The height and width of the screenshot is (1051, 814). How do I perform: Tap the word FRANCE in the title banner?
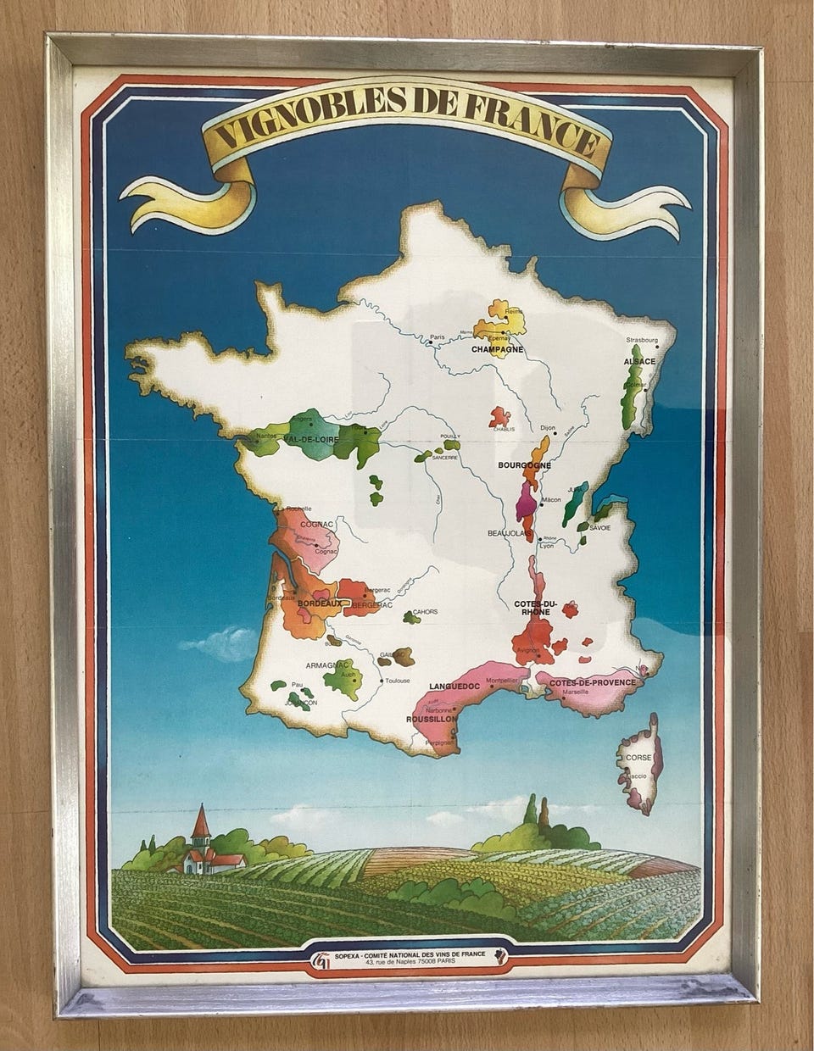click(x=525, y=126)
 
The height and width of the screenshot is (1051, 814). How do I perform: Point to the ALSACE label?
click(x=640, y=362)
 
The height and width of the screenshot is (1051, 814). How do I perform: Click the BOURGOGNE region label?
click(x=525, y=465)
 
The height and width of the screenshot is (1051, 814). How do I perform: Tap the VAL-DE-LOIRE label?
click(x=313, y=440)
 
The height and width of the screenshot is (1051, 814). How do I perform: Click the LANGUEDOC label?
click(x=455, y=686)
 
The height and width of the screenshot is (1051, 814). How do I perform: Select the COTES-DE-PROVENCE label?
click(x=592, y=682)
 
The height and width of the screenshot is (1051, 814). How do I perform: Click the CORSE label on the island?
click(x=638, y=757)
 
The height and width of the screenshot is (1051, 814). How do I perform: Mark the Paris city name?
click(x=438, y=336)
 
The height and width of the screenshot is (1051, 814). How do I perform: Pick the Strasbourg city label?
click(x=642, y=340)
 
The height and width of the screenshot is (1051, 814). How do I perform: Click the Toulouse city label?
click(x=397, y=681)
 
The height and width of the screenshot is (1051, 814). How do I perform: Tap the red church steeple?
click(x=201, y=821)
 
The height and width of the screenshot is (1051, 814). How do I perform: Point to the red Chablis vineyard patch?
click(x=500, y=416)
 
